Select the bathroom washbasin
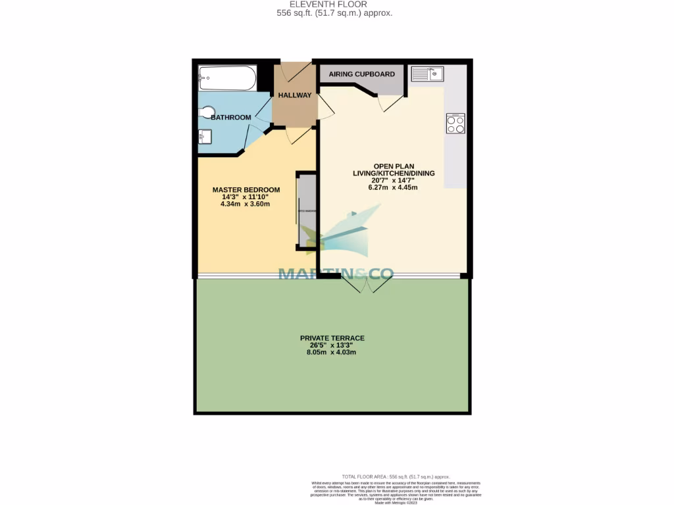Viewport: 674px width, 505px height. coord(205,137)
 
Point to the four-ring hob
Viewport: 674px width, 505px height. coord(455,123)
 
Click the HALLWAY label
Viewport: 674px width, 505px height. coord(294,95)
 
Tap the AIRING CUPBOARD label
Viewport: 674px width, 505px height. coord(361,74)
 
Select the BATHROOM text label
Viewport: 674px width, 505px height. coord(230,117)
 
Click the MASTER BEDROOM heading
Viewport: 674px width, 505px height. coord(246,190)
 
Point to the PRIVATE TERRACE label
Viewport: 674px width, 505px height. coord(332,339)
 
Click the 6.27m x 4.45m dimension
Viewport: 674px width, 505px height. coord(393,187)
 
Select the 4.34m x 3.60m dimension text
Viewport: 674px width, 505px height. coord(246,204)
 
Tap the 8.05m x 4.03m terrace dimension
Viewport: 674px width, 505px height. coord(332,352)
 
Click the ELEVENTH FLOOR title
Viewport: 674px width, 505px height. coord(337,4)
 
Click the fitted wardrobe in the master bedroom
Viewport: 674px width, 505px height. coord(305,212)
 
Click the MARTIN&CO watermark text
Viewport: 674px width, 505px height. coord(336,273)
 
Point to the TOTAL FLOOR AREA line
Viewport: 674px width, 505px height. coord(396,476)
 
